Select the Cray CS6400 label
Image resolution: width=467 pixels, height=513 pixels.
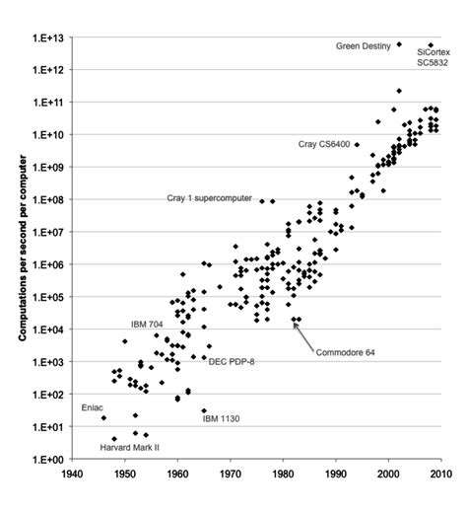tap(324, 144)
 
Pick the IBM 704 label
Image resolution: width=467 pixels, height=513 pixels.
tap(149, 323)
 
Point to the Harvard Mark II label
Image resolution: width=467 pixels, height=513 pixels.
tap(131, 447)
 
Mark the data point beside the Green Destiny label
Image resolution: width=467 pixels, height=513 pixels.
tap(399, 44)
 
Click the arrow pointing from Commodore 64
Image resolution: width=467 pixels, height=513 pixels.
tap(306, 336)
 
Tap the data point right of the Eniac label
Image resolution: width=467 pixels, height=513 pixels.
tap(104, 418)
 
